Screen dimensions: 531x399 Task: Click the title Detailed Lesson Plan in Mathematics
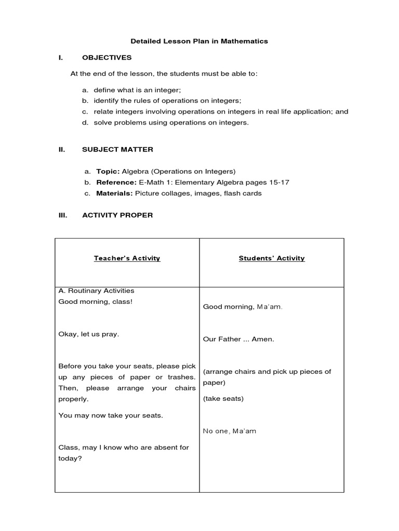[x=199, y=41]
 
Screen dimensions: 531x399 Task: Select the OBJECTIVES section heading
[x=107, y=58]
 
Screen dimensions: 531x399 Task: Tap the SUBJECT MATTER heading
[x=117, y=149]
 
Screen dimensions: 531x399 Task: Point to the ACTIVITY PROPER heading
[x=117, y=215]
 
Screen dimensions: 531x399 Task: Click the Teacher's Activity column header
[x=127, y=258]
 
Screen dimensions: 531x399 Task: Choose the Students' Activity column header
[x=272, y=258]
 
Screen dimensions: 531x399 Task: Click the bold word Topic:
[x=108, y=171]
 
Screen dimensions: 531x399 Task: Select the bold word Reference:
[x=116, y=183]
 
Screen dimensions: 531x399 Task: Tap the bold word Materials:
[x=115, y=193]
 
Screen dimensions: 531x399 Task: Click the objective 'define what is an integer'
[x=137, y=90]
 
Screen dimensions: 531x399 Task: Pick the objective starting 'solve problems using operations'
[x=171, y=123]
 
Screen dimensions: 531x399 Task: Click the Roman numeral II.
[x=61, y=149]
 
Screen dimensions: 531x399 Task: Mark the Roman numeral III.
[x=62, y=215]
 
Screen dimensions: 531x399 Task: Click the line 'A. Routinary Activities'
[x=96, y=291]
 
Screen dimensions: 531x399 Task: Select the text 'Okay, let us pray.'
[x=89, y=334]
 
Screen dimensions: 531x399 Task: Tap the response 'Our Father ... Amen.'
[x=238, y=339]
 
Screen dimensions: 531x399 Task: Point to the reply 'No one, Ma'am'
[x=229, y=431]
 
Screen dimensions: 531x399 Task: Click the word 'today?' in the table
[x=70, y=458]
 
